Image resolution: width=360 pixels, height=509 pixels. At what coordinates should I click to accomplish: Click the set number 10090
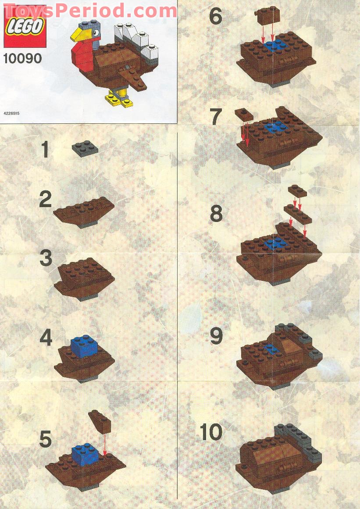coord(22,58)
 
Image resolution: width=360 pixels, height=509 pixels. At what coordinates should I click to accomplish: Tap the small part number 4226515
coord(12,113)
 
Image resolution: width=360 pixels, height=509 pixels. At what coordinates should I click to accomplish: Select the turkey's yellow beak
coord(79,34)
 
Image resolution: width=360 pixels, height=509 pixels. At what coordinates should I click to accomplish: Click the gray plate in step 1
coord(85,148)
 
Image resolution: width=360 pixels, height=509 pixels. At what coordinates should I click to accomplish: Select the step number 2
coord(46,200)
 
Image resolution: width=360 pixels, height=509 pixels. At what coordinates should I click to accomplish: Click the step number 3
coord(46,258)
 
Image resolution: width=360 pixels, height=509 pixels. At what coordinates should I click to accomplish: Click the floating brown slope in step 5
coord(100,421)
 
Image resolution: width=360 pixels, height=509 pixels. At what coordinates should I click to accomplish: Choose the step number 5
coord(45,439)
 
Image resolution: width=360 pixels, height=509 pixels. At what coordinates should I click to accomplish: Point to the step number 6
coord(215,16)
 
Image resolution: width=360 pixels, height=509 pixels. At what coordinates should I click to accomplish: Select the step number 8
coord(216,214)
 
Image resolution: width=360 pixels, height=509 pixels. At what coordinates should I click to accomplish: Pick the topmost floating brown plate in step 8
coord(298,190)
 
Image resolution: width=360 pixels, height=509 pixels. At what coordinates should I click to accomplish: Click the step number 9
coord(216,337)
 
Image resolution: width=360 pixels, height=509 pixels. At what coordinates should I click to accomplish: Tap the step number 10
coord(211,432)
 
